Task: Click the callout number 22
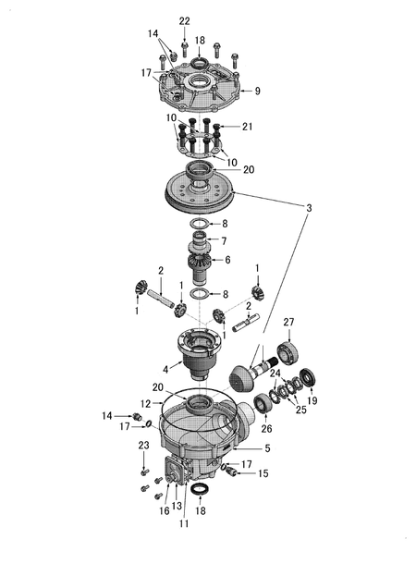coord(184,21)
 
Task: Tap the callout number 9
coord(257,91)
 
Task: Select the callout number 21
coord(247,127)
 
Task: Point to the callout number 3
coord(309,208)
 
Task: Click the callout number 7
coord(224,240)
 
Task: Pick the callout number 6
coord(227,260)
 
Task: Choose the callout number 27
coord(288,322)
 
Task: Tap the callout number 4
coord(165,370)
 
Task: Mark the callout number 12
coord(145,404)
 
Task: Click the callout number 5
coord(267,448)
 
